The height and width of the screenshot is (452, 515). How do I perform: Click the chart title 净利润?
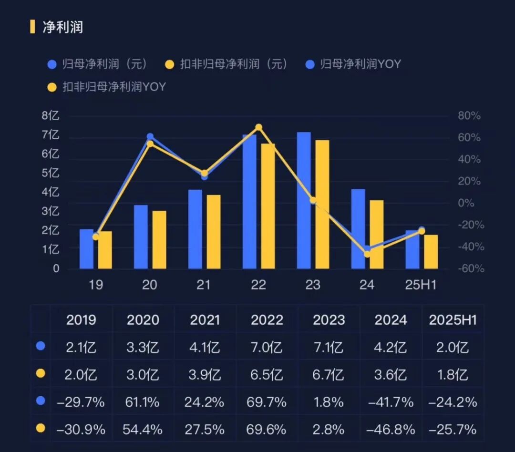pyautogui.click(x=62, y=27)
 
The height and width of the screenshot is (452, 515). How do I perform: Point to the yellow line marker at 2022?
pyautogui.click(x=258, y=127)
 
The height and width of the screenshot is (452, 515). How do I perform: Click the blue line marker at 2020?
pyautogui.click(x=150, y=137)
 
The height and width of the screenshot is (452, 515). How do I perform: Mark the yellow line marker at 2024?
pyautogui.click(x=367, y=254)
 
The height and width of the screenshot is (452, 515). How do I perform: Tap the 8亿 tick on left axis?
pyautogui.click(x=50, y=116)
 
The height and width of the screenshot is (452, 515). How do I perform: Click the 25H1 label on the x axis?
pyautogui.click(x=421, y=285)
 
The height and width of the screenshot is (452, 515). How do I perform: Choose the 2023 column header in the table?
pyautogui.click(x=329, y=320)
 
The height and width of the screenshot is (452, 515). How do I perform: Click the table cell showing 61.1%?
pyautogui.click(x=143, y=402)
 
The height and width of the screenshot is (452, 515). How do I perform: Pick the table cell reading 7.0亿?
pyautogui.click(x=267, y=347)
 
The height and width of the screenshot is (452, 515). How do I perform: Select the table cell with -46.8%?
pyautogui.click(x=391, y=430)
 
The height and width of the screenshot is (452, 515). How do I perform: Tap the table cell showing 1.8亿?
pyautogui.click(x=453, y=375)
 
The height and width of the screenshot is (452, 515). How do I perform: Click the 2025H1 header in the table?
pyautogui.click(x=453, y=320)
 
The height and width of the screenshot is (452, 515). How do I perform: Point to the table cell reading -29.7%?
pyautogui.click(x=81, y=402)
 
